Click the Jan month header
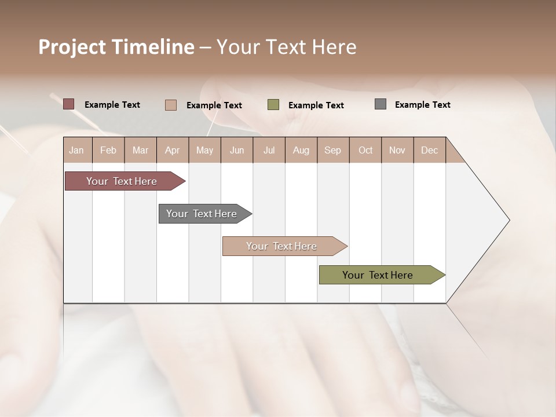77,150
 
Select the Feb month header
108,150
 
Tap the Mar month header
140,150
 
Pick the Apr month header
173,150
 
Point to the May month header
204,150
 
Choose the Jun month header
237,150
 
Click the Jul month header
269,150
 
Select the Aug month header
301,150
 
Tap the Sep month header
333,150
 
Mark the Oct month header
365,150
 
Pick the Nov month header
397,150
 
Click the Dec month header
430,150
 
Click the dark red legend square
69,104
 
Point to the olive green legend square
273,105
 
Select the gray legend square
381,104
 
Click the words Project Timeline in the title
116,47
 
